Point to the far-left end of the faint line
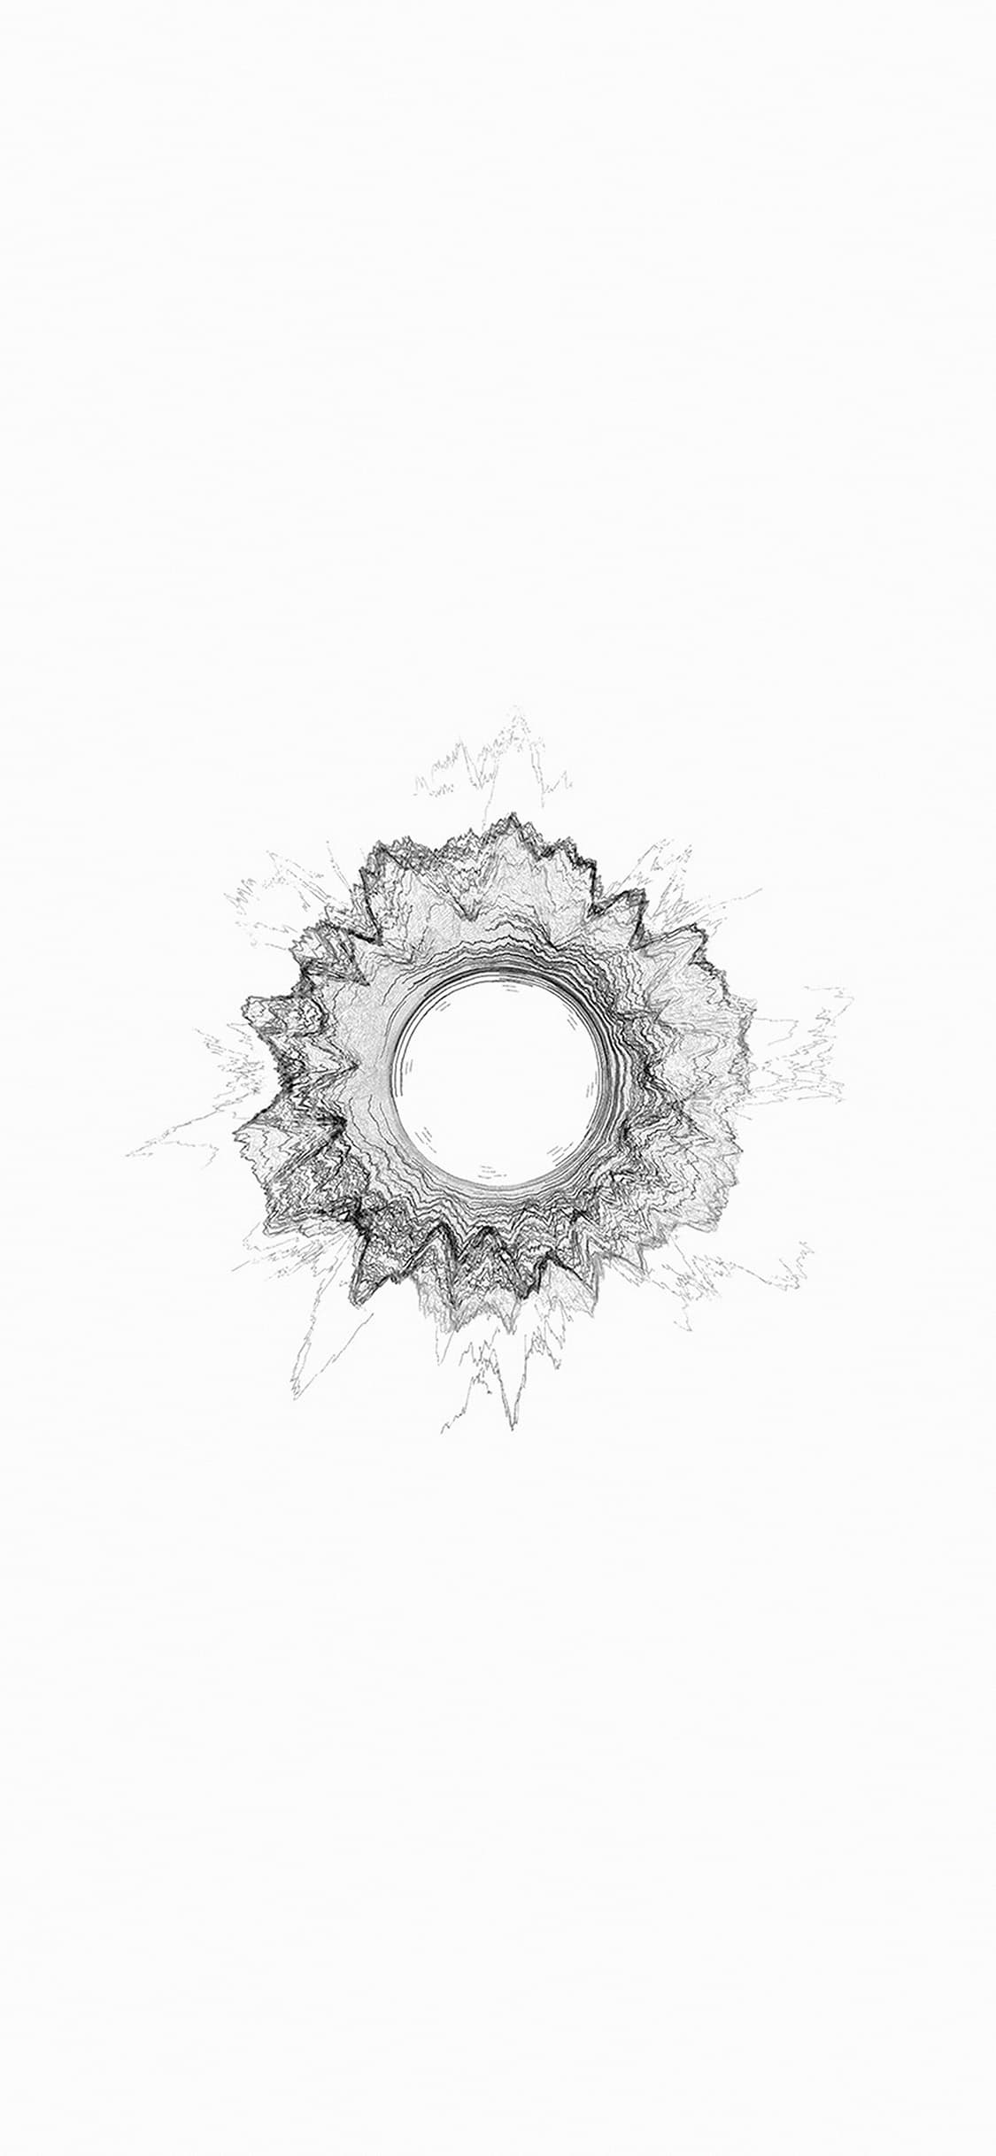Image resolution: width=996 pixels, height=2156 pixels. tap(129, 1156)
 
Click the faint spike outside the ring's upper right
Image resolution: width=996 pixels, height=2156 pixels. tap(673, 863)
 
